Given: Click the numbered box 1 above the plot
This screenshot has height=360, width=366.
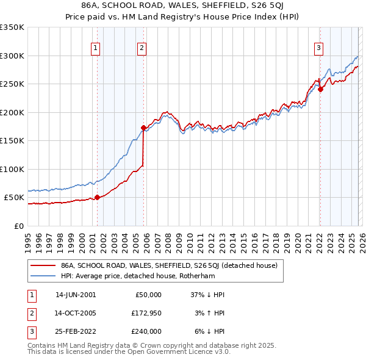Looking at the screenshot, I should tap(96, 49).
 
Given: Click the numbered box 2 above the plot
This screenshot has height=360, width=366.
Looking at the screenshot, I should tap(142, 49).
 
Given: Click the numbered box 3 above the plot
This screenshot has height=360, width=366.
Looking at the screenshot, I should tap(319, 49).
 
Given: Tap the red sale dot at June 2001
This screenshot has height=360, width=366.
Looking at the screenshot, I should tap(97, 197).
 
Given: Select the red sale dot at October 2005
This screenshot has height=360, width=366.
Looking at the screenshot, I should tap(144, 128).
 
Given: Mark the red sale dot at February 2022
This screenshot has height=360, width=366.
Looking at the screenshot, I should tap(320, 89).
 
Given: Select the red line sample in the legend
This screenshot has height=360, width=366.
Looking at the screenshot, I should tap(43, 265).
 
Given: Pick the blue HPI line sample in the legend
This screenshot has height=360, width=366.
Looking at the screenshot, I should tap(43, 276).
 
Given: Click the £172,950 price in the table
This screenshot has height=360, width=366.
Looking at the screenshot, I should tap(145, 313).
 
